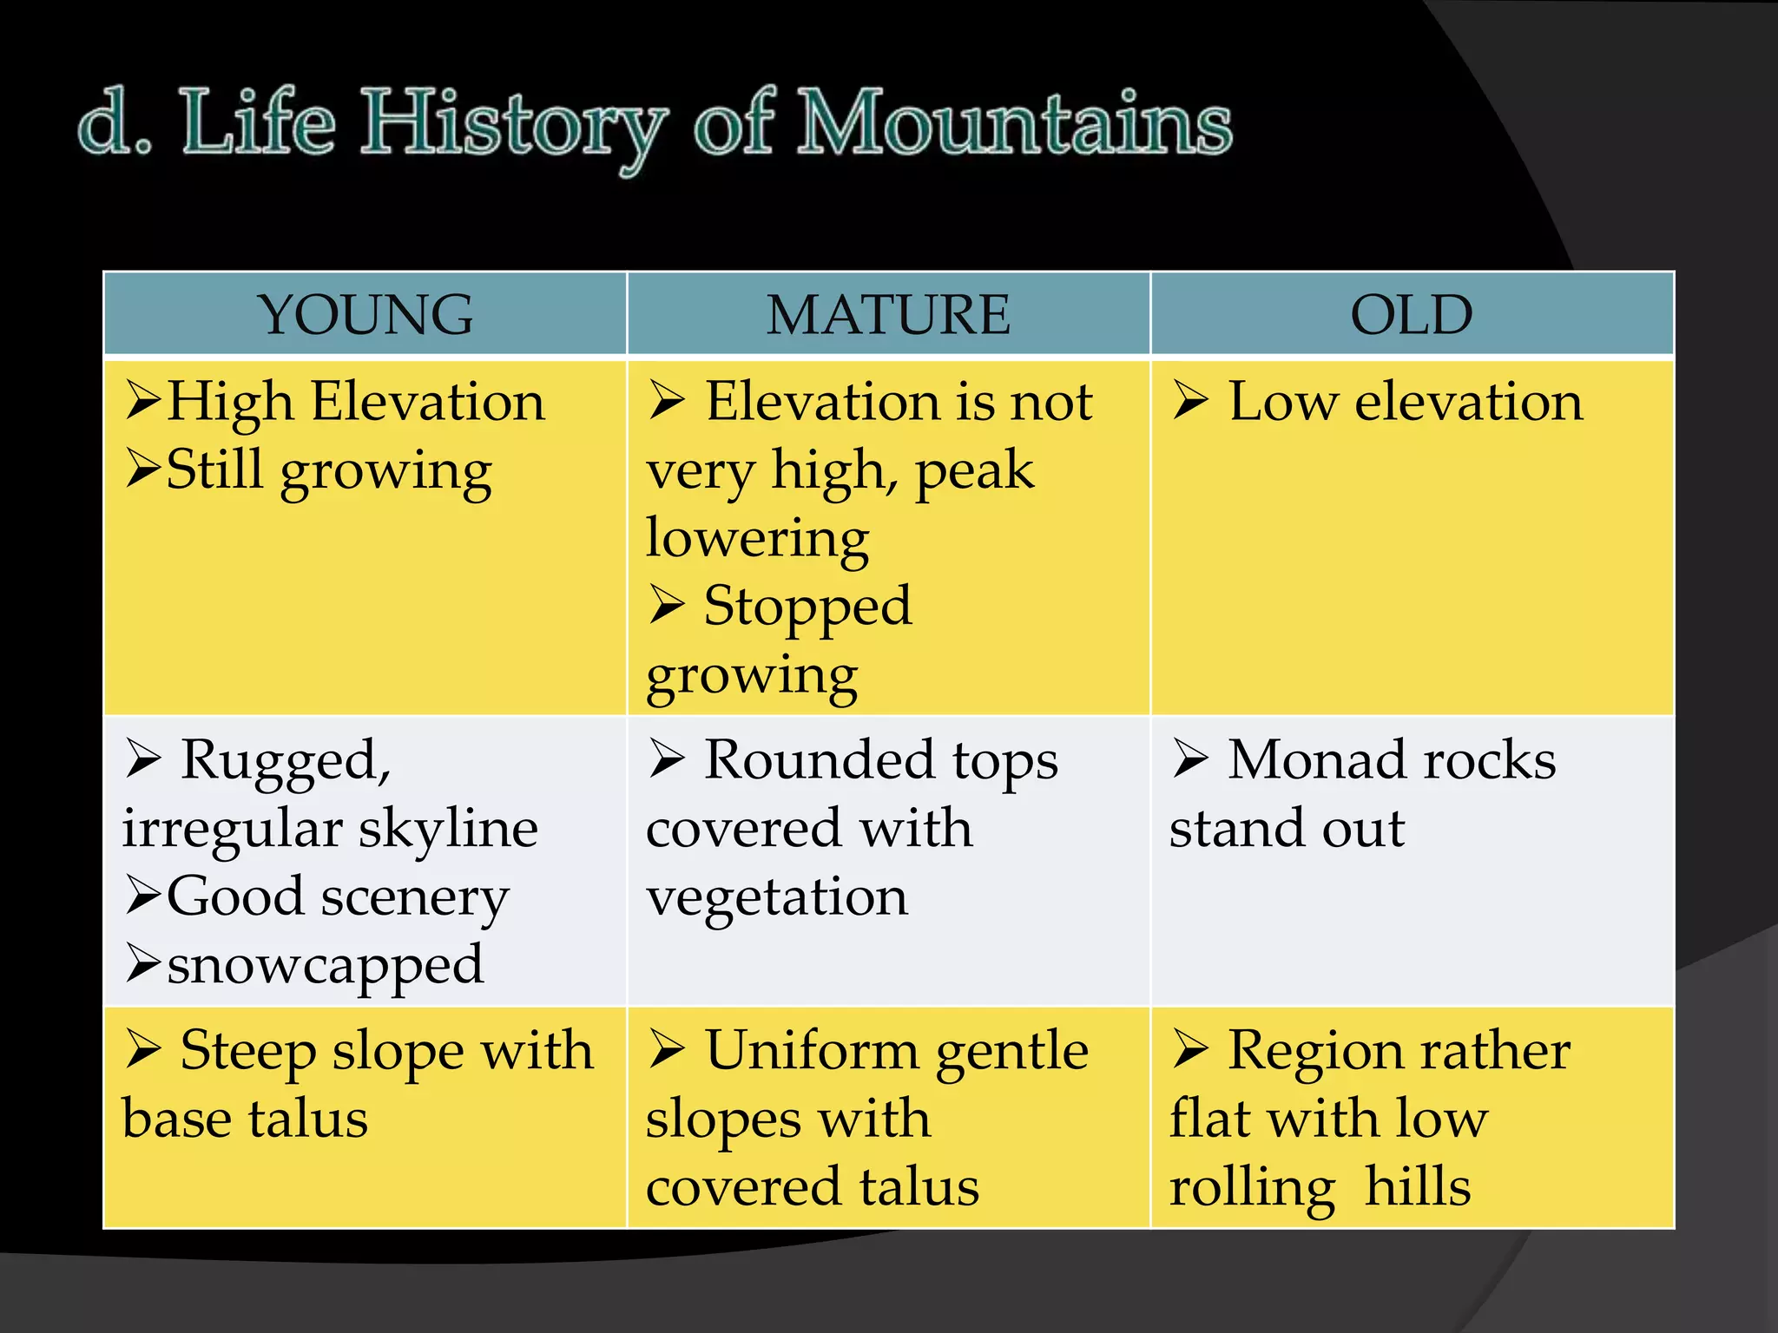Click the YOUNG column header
click(365, 314)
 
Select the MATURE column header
click(888, 314)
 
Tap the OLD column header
click(1412, 314)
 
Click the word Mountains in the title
click(1014, 123)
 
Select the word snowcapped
click(325, 965)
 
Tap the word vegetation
click(777, 897)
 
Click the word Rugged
click(286, 761)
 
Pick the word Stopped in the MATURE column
click(807, 607)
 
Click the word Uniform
click(812, 1050)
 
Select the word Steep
click(248, 1052)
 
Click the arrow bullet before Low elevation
click(1191, 401)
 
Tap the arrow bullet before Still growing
click(143, 470)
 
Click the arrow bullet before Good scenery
click(143, 896)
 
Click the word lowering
click(757, 539)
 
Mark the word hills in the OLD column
click(1418, 1186)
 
